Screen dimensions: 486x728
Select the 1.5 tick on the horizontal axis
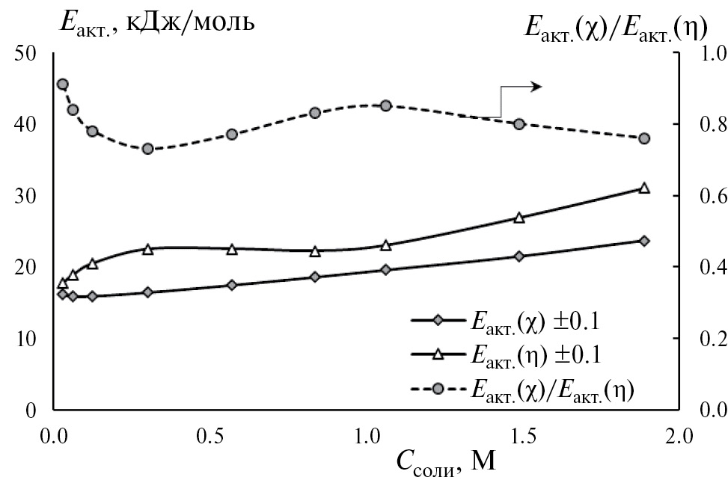(x=522, y=436)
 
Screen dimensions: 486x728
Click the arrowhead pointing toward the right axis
(x=536, y=87)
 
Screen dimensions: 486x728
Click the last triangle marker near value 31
(x=644, y=188)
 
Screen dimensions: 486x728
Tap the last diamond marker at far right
(x=644, y=241)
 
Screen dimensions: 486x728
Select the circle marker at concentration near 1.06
(x=386, y=106)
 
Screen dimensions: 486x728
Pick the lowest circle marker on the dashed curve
(x=148, y=149)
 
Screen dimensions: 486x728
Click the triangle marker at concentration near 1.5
(x=519, y=218)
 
